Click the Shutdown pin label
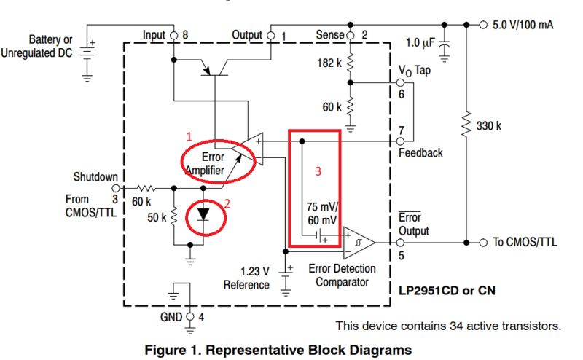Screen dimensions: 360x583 point(95,176)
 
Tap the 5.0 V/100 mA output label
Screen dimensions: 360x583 point(522,24)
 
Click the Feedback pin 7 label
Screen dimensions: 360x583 point(420,152)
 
